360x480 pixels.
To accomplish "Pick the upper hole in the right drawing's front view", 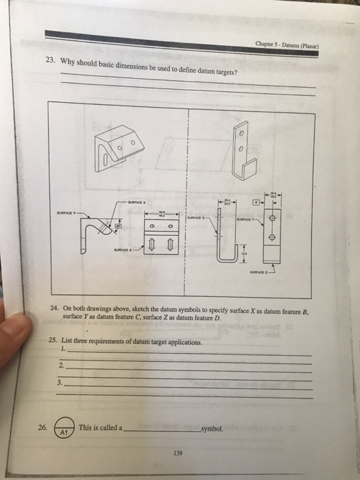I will click(x=274, y=219).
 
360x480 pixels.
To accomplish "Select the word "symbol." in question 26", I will click(x=211, y=429).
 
